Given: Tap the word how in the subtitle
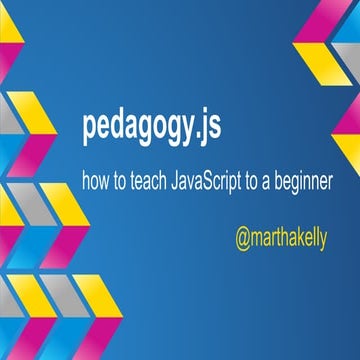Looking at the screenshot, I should tap(98, 184).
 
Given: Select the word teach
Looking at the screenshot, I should tap(148, 184).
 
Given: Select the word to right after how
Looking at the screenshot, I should tap(122, 184).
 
